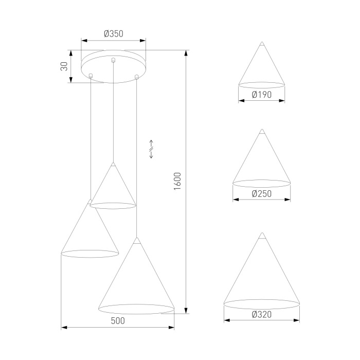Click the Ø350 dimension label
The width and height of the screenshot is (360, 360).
(113, 34)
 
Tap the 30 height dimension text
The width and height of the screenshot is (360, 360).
(65, 66)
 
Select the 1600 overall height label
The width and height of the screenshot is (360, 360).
(177, 181)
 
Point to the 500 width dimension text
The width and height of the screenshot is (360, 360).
(118, 320)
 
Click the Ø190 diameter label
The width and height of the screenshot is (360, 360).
(262, 94)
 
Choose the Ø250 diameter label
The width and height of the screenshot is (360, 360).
(262, 194)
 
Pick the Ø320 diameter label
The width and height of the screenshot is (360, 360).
(262, 314)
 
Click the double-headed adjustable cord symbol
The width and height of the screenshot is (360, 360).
(151, 149)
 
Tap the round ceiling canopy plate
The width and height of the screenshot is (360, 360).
(114, 67)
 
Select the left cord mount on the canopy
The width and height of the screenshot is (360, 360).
(91, 76)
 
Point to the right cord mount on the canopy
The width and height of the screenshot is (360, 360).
(136, 77)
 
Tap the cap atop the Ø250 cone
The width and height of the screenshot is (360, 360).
(262, 132)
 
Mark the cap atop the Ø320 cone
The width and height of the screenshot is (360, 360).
(262, 237)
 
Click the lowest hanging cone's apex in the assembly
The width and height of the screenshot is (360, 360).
(136, 240)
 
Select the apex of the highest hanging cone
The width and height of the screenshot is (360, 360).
(113, 165)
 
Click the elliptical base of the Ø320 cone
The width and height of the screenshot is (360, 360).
(262, 302)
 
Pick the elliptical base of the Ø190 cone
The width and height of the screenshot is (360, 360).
(262, 83)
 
